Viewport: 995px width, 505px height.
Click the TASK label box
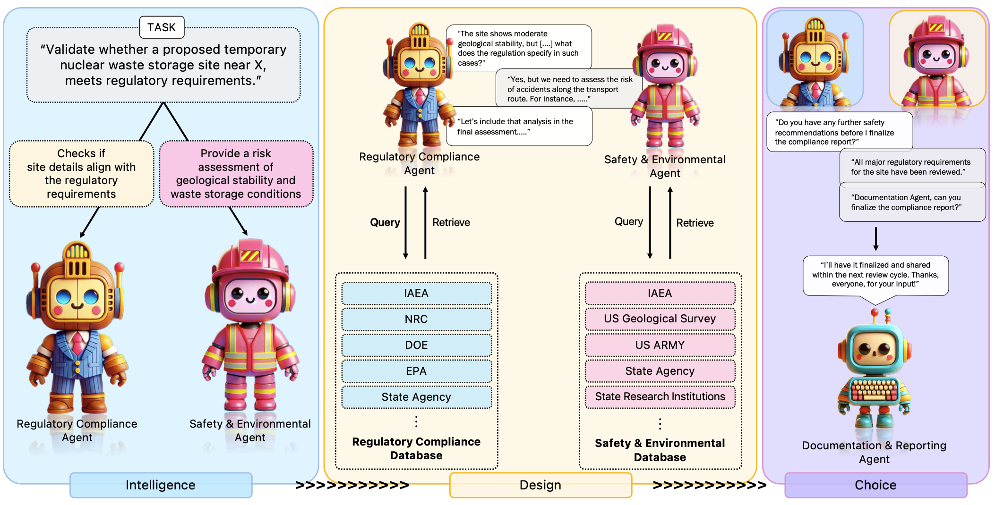coord(162,27)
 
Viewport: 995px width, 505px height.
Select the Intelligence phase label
coord(161,485)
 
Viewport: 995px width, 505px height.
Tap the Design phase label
coord(540,485)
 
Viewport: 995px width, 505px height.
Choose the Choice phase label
coord(875,485)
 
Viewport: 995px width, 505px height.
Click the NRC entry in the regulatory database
coord(416,319)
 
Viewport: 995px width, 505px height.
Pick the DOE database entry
coord(416,345)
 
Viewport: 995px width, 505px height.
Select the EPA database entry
coord(416,371)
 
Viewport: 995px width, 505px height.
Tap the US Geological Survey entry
coord(660,319)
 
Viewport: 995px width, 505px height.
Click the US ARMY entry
coord(660,345)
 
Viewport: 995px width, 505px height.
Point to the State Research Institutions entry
coord(660,396)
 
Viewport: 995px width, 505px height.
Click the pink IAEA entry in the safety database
coord(660,293)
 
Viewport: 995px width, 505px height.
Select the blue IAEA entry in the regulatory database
coord(416,293)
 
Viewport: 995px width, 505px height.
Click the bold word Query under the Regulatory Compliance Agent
coord(385,222)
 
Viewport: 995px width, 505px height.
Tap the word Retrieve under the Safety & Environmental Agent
coord(695,223)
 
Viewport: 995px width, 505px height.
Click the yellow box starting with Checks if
coord(81,174)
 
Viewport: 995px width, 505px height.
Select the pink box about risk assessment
coord(236,174)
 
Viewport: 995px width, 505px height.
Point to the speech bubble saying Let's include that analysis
coord(519,126)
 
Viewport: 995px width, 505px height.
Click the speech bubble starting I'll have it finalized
coord(875,275)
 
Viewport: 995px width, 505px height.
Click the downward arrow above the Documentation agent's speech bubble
coord(875,239)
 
